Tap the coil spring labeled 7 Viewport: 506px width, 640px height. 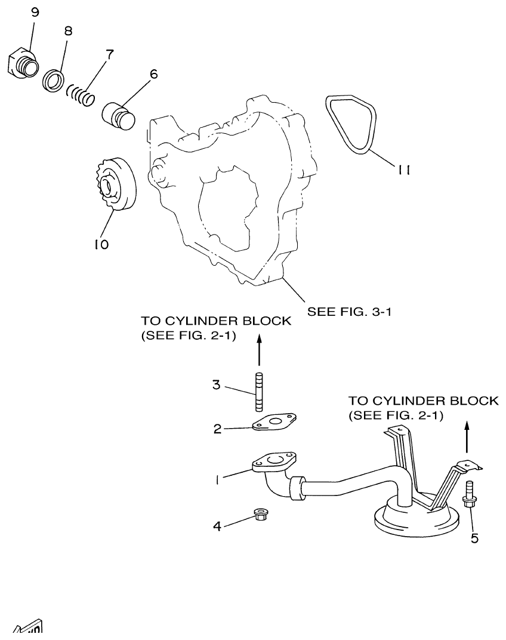pos(81,94)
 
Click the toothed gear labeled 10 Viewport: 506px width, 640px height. pos(116,184)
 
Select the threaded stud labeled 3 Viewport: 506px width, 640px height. pos(258,392)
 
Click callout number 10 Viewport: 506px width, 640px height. pos(101,244)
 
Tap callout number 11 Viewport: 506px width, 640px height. pos(404,170)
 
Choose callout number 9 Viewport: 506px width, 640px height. pos(34,13)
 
